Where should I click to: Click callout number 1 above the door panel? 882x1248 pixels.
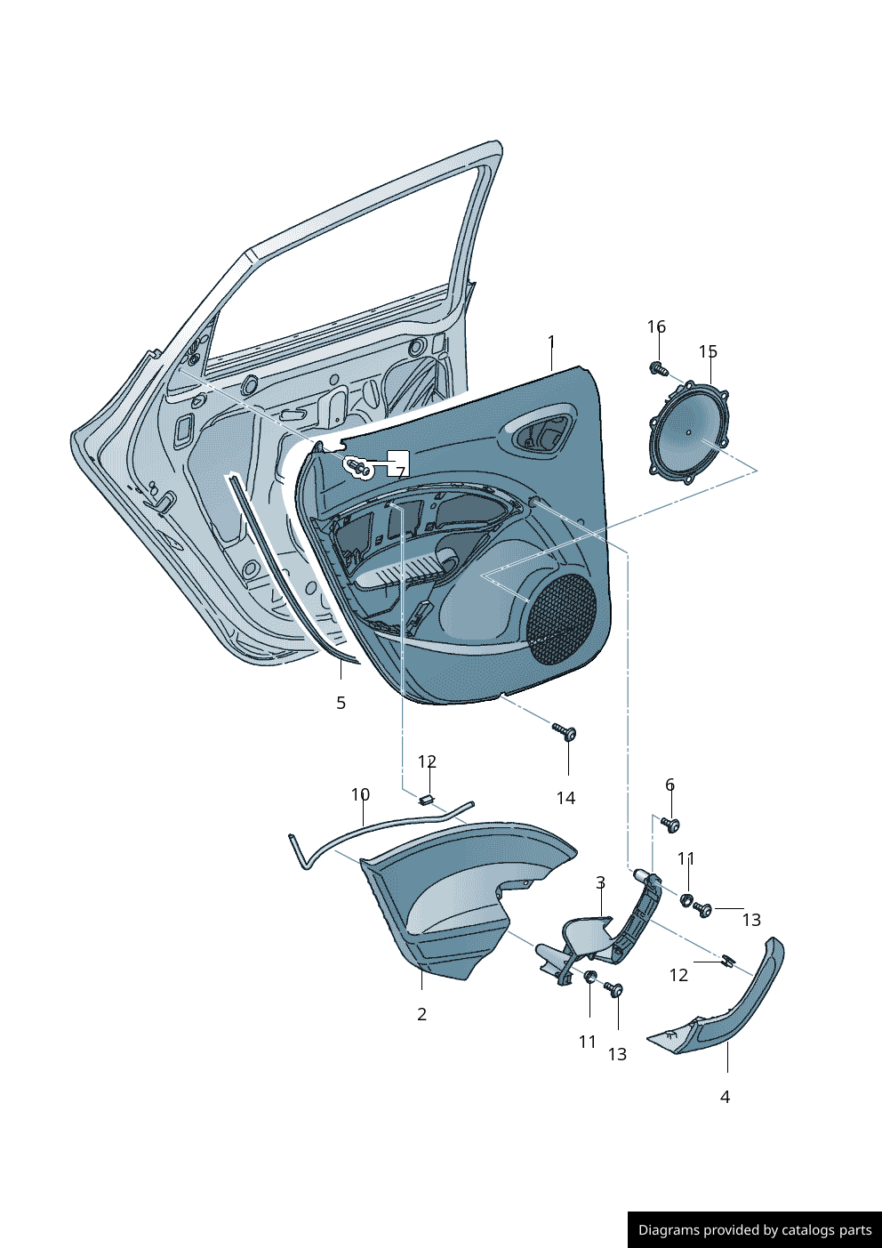coord(551,342)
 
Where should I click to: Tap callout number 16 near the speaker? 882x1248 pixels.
coord(656,326)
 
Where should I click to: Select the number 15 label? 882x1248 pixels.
coord(708,351)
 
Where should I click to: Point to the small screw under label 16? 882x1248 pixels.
coord(658,367)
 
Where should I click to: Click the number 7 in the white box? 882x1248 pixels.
coord(400,472)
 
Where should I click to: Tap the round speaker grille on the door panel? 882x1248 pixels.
coord(562,619)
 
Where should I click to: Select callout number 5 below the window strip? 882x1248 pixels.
coord(341,703)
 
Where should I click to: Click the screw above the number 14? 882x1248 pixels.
coord(565,732)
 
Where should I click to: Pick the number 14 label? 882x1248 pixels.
coord(565,798)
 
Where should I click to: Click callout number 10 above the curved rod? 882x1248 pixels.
coord(360,794)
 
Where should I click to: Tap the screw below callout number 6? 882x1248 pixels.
coord(671,825)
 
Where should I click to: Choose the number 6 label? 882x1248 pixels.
coord(670,785)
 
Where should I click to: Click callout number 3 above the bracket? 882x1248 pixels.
coord(600,882)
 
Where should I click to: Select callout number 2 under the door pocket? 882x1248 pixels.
coord(421,1014)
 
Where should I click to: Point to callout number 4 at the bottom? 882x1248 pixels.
coord(725,1097)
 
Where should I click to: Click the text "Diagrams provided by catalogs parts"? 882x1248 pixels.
coord(755,1230)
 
